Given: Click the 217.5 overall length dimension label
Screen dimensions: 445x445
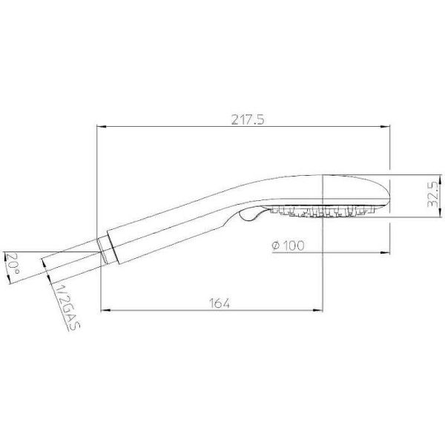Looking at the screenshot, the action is tap(248, 119).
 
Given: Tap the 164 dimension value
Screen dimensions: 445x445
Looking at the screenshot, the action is tap(220, 303).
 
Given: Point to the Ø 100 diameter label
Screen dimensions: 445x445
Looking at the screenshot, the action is tap(288, 245).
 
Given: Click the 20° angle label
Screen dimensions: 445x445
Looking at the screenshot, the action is tap(13, 263).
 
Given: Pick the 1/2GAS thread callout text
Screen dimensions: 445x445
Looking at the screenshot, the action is tap(67, 306).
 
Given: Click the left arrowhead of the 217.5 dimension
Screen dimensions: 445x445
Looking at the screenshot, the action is tap(102, 126).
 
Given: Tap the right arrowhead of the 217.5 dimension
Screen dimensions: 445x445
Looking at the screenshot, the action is tap(385, 126).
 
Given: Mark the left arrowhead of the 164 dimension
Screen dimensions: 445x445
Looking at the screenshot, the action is tap(105, 311).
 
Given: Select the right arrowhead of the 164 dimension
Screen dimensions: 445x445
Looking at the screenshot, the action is tap(318, 311).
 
